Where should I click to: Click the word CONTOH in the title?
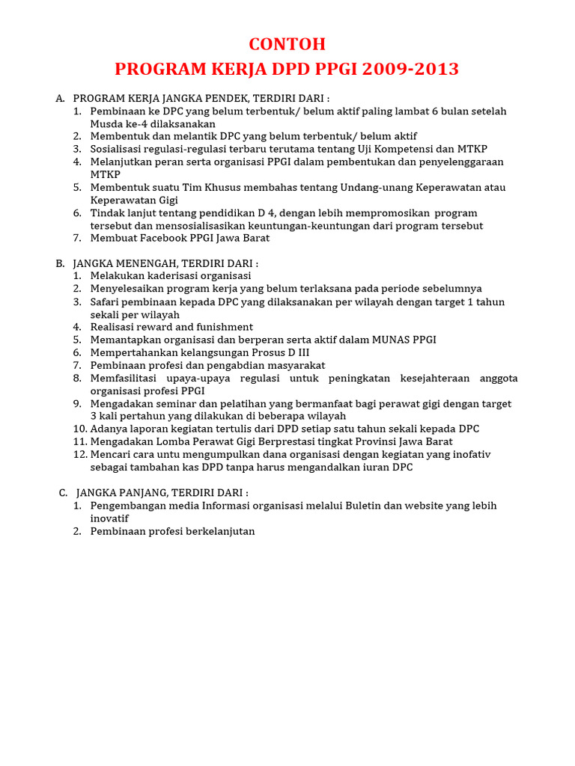pos(287,43)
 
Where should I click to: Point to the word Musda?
pos(106,123)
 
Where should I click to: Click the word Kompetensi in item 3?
pos(419,149)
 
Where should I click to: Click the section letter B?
pos(59,263)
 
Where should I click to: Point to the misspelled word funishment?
pos(225,327)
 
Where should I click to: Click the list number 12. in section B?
pos(80,454)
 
